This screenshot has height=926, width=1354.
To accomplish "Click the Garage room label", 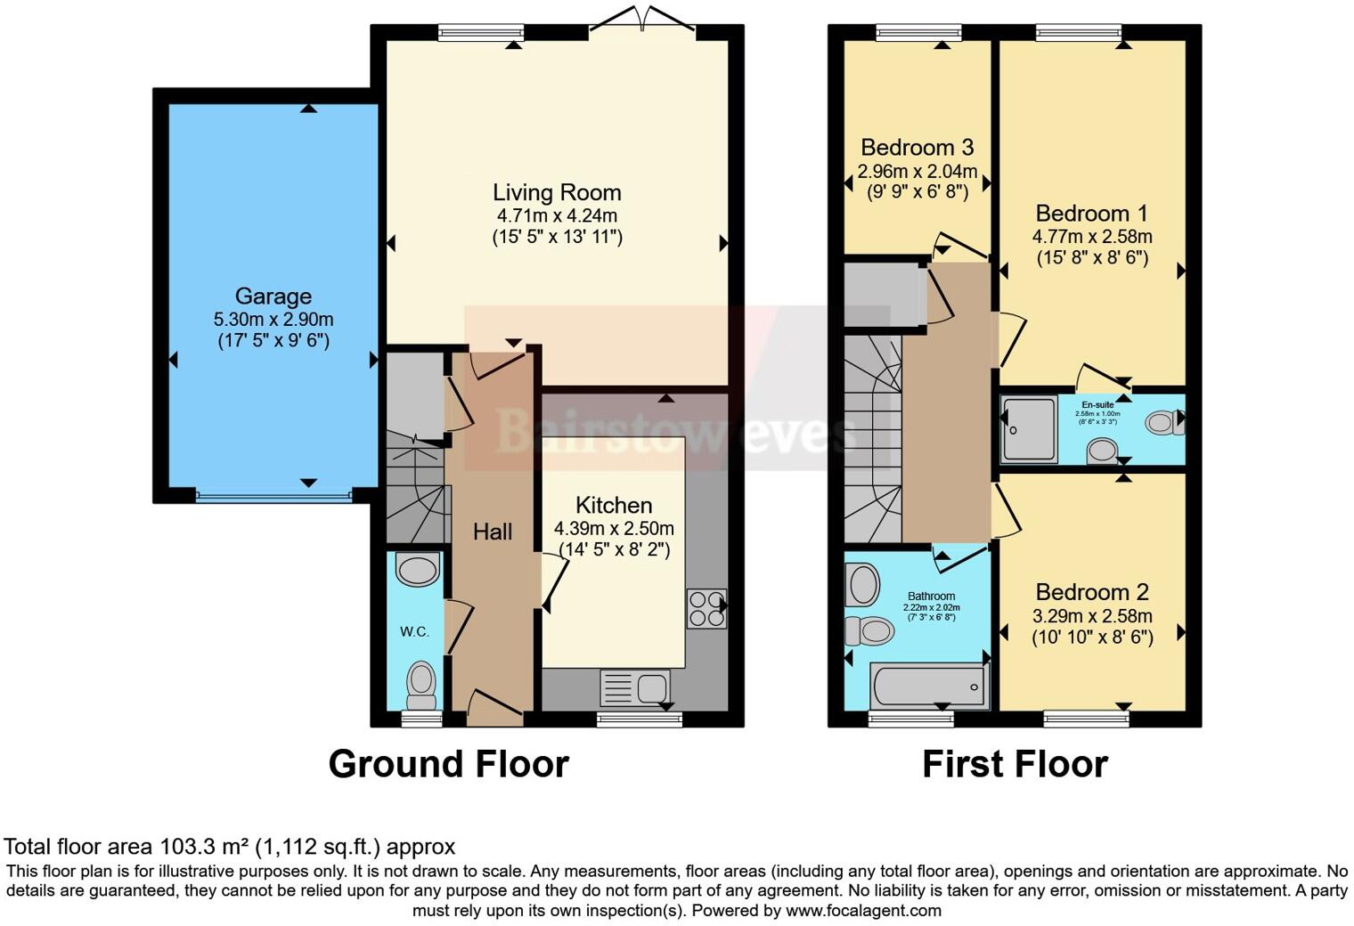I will coord(273,296).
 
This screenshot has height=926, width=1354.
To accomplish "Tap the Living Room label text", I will coord(557,192).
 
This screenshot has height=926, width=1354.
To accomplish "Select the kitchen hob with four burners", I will coord(706,608).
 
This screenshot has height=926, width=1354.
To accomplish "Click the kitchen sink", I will coord(635,687).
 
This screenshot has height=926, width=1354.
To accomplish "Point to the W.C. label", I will coord(414,632).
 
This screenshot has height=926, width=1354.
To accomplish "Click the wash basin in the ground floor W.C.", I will coord(417,569).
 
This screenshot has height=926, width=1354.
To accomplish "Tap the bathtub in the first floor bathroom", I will coord(930,687).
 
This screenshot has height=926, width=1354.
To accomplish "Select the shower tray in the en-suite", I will coord(1028,430).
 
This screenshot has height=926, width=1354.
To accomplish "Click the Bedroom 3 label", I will coord(917,147).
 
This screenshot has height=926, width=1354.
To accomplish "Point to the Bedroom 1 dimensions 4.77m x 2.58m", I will coord(1091,237).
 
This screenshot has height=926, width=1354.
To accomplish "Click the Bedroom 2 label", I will coord(1091,592).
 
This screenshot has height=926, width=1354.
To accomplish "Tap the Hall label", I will coord(492,532).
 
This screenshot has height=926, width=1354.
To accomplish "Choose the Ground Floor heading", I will coord(448,764).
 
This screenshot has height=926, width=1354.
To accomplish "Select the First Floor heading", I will coord(1015,764).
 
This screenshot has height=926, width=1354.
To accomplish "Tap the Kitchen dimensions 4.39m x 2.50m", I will coord(613,528).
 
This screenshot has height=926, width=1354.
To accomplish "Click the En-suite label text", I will coord(1097,405).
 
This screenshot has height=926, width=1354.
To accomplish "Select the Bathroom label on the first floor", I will coord(931,597).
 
